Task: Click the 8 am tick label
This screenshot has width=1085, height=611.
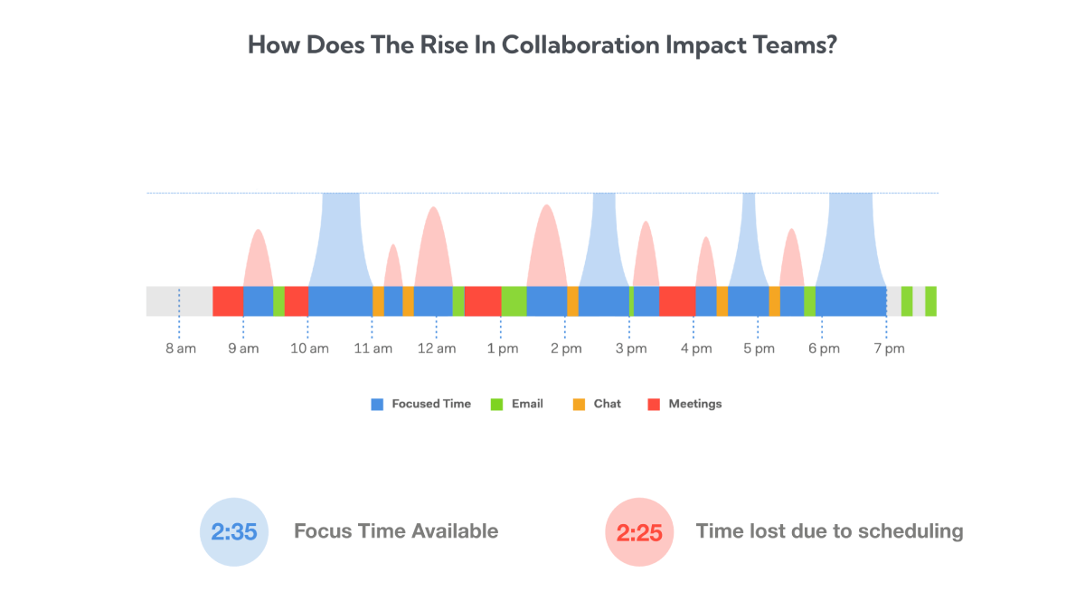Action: click(181, 349)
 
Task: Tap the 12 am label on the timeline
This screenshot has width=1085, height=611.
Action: click(437, 349)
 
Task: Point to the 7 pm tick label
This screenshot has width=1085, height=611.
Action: click(888, 349)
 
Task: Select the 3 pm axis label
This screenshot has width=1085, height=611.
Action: click(631, 349)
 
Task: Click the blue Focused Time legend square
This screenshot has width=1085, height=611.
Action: click(378, 405)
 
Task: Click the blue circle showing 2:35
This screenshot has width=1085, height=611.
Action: click(234, 532)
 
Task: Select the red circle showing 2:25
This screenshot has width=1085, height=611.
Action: click(639, 532)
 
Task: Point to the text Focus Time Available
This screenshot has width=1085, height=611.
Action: click(396, 531)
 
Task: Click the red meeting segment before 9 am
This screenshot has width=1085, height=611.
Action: click(228, 301)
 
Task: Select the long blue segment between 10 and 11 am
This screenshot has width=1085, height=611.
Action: click(340, 301)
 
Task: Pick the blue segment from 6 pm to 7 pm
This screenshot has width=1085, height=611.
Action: click(850, 301)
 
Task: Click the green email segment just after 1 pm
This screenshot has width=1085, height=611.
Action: click(514, 301)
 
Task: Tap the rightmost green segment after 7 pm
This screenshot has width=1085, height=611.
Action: click(930, 301)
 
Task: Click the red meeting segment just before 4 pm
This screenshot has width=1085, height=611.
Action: click(677, 301)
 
